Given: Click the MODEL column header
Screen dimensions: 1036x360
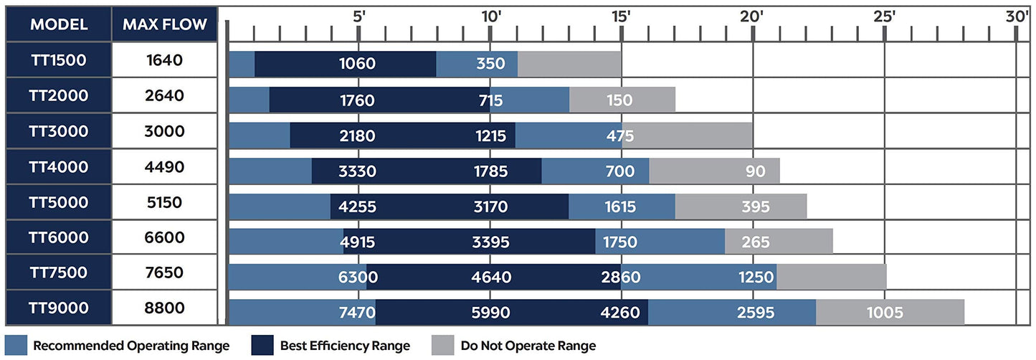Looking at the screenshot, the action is (x=59, y=24).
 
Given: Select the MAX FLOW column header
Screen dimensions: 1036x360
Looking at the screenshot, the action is (x=165, y=24).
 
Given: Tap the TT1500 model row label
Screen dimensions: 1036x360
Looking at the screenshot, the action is (x=59, y=60).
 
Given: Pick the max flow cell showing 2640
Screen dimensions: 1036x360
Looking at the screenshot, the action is (x=164, y=95).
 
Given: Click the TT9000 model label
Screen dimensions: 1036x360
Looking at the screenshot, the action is (x=59, y=308).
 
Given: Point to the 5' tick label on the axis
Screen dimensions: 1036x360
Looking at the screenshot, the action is (x=359, y=16).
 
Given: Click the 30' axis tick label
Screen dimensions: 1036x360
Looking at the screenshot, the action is (x=1017, y=16).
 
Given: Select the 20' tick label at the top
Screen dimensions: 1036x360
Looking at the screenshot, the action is (x=751, y=16).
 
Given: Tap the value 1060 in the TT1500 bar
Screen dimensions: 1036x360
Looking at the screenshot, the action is (x=357, y=63).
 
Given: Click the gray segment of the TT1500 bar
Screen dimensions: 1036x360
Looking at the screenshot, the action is (x=569, y=64).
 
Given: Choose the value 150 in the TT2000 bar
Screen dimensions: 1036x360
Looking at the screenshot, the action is (x=619, y=100).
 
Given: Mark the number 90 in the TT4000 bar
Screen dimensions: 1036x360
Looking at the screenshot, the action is (x=755, y=171).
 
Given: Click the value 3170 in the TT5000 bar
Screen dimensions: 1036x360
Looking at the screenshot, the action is (x=490, y=207).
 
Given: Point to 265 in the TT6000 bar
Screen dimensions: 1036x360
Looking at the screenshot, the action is (x=756, y=242).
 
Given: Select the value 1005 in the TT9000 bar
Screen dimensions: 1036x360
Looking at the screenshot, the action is (x=885, y=313).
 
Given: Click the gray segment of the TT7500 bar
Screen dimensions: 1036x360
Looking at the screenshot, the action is (x=832, y=277).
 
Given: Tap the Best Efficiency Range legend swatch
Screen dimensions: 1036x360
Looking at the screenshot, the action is (x=262, y=345).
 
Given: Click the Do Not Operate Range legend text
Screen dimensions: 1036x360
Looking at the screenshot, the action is (x=528, y=346).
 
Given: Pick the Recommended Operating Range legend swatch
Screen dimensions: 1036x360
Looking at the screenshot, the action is (x=16, y=345).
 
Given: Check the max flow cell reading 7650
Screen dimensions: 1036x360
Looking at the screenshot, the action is (x=164, y=273).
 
